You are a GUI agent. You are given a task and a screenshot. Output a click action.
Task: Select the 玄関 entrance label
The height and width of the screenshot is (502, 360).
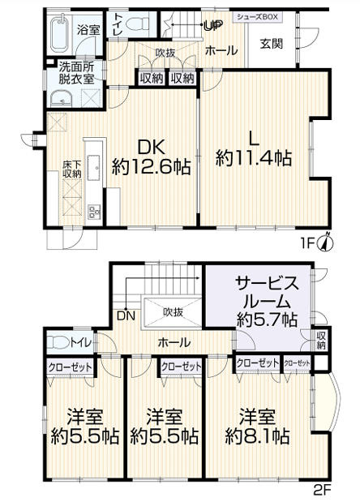click(x=272, y=43)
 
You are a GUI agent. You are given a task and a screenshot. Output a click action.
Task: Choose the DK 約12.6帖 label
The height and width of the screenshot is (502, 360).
click(x=152, y=157)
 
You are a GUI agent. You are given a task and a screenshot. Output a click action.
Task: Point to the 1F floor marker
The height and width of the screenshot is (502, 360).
click(x=311, y=241)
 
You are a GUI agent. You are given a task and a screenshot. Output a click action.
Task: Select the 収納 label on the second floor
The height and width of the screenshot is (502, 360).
click(x=322, y=340)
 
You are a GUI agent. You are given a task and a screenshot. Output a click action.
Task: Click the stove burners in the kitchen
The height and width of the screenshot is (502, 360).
click(x=92, y=213)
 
